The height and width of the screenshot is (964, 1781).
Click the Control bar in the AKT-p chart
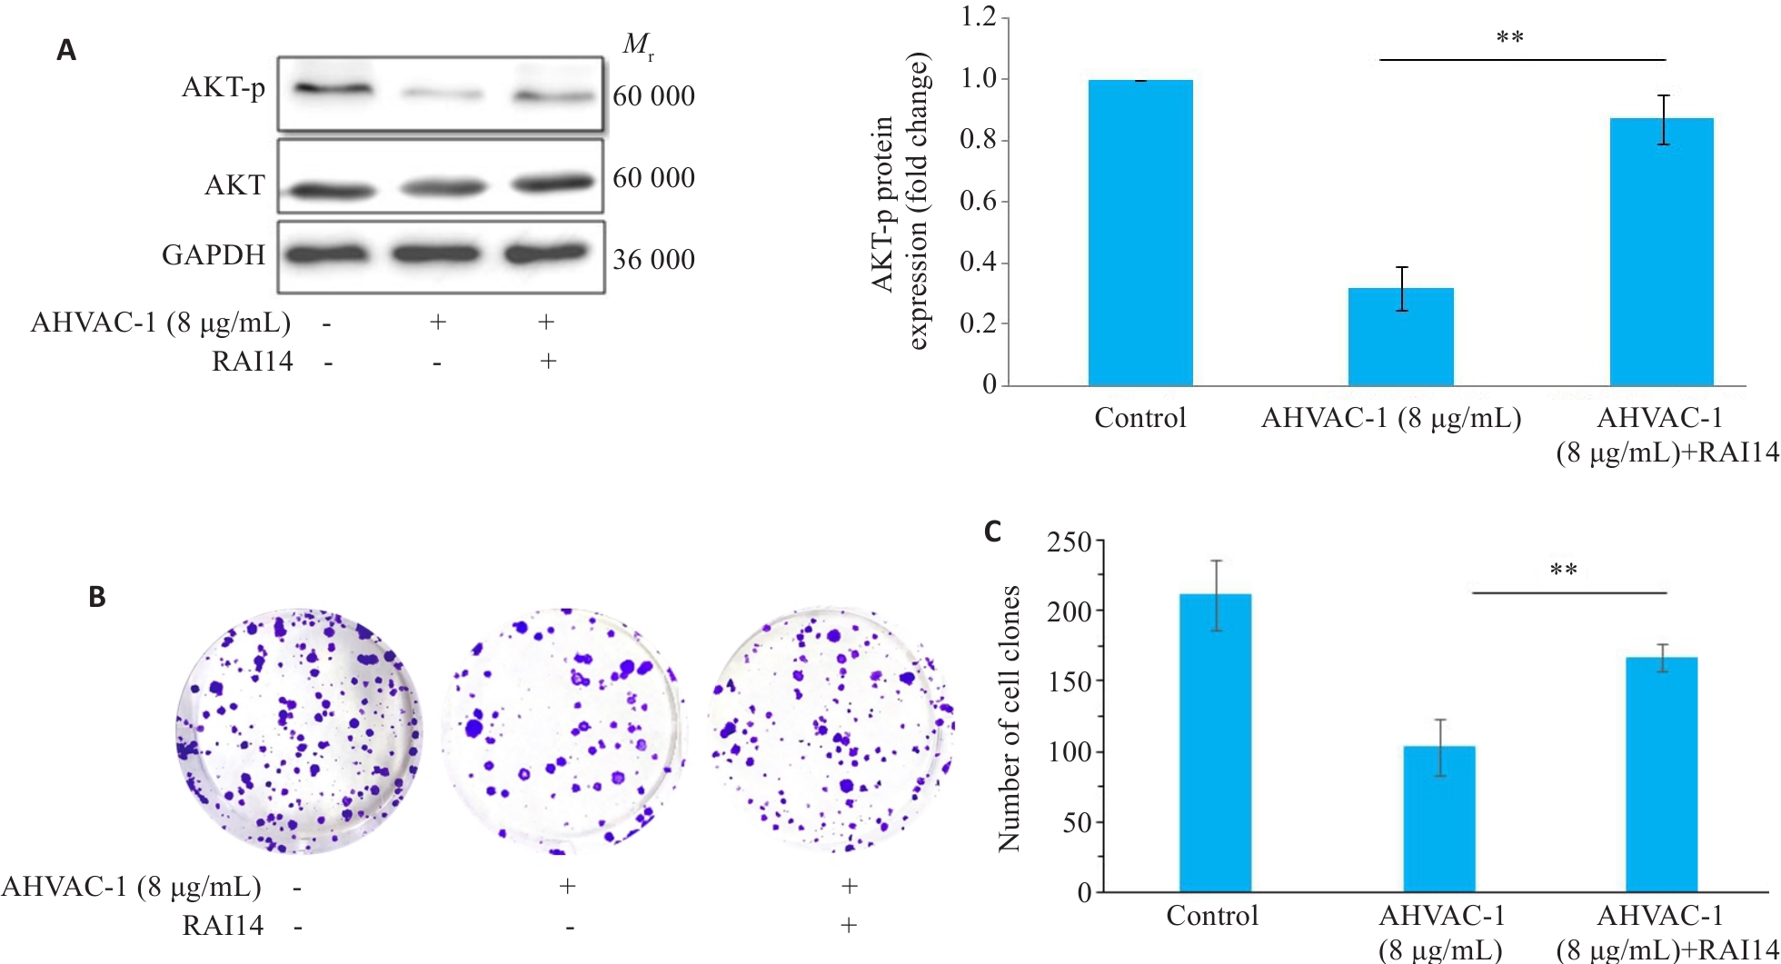coord(1140,233)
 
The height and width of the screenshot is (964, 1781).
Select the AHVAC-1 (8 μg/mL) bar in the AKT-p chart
coord(1400,337)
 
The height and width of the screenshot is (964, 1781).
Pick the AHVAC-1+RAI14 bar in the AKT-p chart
coord(1661,252)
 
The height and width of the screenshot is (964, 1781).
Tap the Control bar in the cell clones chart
coord(1215,742)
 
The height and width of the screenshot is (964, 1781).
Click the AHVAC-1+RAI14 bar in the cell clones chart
coord(1661,774)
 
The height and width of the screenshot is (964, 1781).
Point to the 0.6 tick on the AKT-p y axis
coord(980,201)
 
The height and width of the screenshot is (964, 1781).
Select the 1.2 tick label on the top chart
coord(980,17)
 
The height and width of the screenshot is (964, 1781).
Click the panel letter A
coord(66,50)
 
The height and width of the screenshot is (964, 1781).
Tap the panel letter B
coord(97,597)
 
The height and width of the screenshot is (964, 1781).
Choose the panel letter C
coord(993,532)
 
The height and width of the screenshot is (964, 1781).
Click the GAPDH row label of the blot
coord(214,255)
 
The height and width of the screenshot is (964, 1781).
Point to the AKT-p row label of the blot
coord(224,88)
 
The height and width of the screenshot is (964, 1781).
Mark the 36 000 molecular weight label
coord(653,260)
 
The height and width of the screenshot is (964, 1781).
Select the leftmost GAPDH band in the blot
coord(326,254)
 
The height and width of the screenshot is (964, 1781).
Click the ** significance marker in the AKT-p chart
coord(1509,38)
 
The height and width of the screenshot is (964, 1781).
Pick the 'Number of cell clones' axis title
coord(1010,718)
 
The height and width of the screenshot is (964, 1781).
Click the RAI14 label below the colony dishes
coord(223,926)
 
